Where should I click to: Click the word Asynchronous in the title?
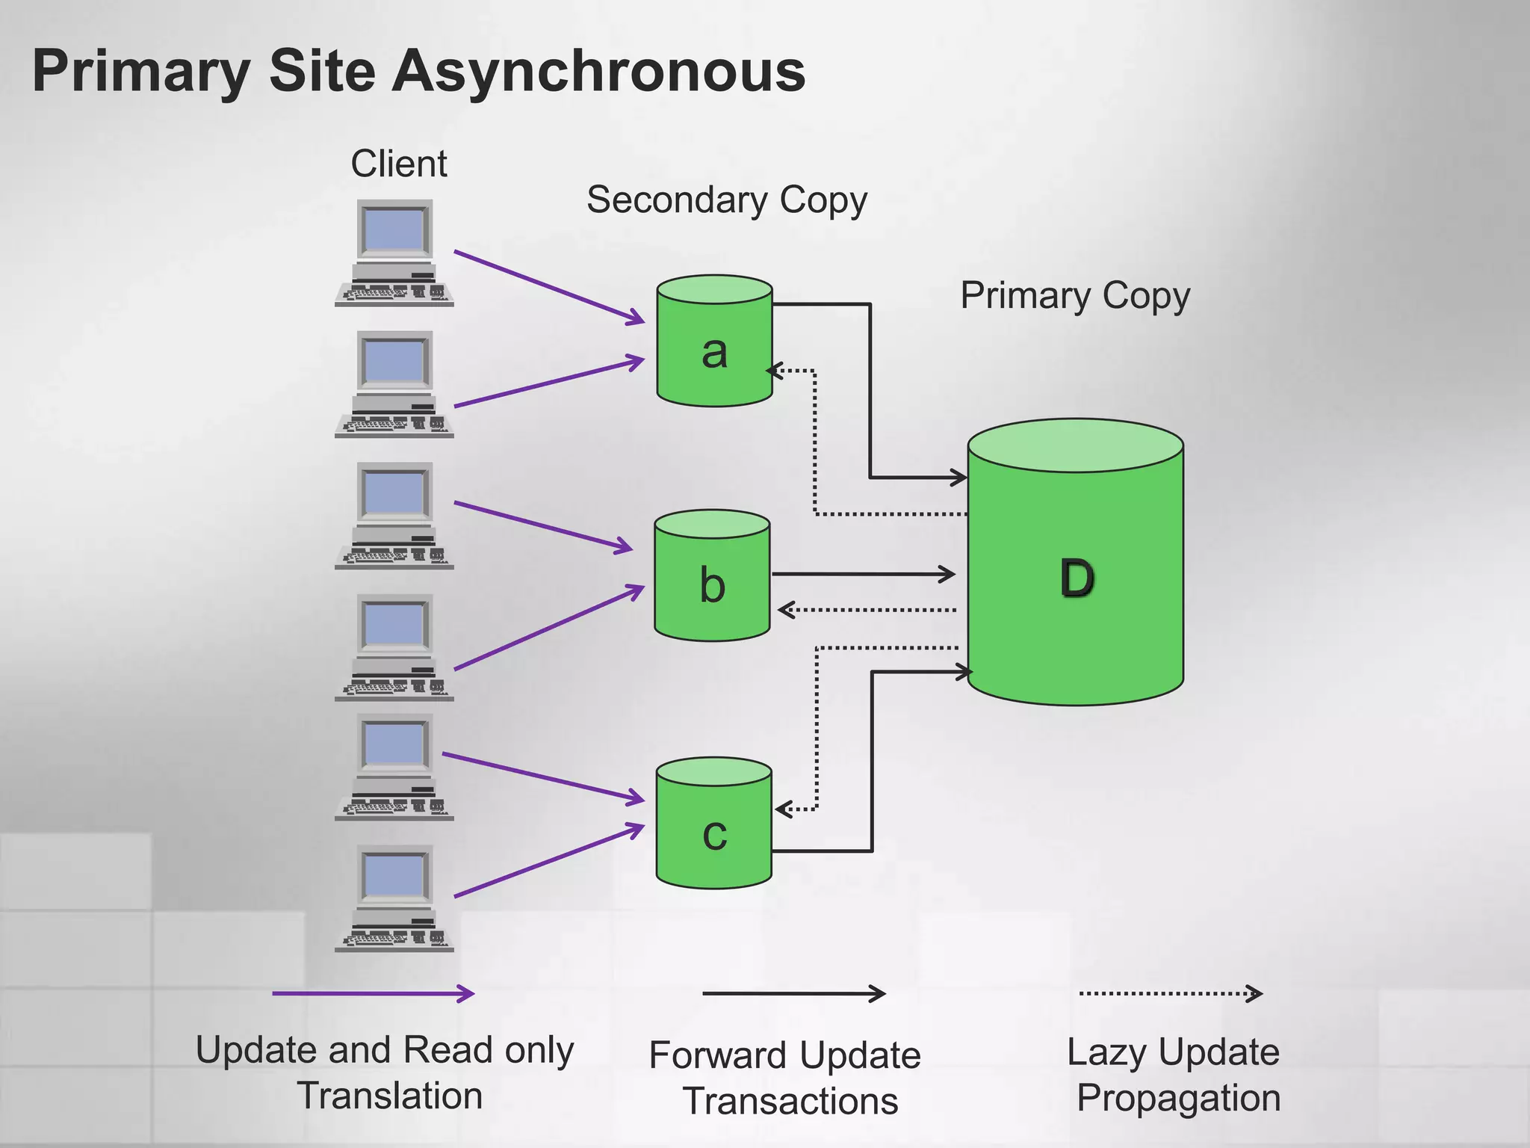(599, 72)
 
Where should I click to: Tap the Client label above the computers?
(399, 164)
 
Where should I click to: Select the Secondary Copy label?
(726, 200)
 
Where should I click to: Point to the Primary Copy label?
(1074, 296)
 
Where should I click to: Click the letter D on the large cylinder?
(1077, 578)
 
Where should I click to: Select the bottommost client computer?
(394, 898)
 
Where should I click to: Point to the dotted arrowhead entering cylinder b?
(784, 610)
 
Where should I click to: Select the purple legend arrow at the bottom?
(373, 993)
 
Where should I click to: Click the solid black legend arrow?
(793, 993)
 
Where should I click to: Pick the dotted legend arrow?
(1170, 993)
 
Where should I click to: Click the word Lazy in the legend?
(1103, 1052)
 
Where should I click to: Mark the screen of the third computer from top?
(394, 493)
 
